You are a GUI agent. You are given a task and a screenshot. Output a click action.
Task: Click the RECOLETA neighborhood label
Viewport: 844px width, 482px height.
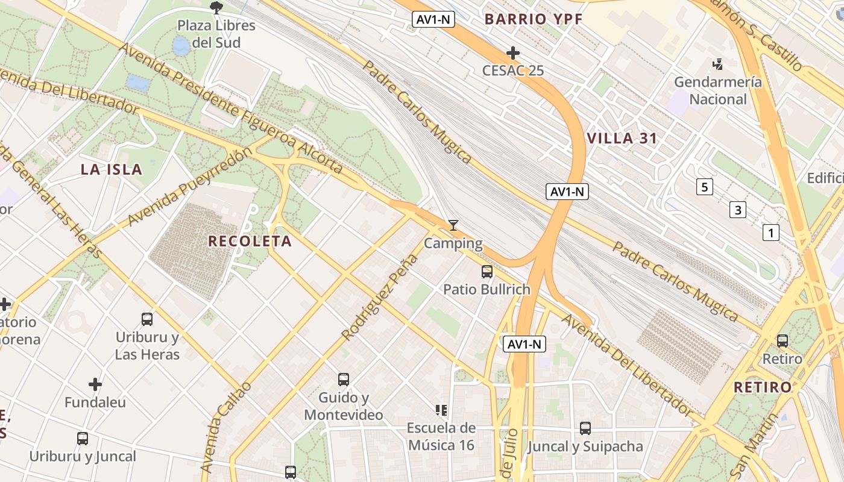click(x=250, y=242)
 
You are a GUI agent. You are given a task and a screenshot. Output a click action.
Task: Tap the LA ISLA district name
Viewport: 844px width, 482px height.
click(x=112, y=170)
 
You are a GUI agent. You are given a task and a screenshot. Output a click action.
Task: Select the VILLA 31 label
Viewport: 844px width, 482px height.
click(x=622, y=139)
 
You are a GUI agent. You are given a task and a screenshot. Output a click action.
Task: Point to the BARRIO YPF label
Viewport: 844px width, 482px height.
click(x=534, y=19)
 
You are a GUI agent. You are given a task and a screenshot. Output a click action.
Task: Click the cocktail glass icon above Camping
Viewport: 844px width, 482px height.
click(x=453, y=225)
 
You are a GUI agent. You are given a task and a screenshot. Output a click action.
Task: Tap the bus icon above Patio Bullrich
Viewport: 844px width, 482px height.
click(x=487, y=272)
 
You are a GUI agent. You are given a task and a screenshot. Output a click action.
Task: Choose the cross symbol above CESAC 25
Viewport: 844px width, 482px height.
click(x=513, y=53)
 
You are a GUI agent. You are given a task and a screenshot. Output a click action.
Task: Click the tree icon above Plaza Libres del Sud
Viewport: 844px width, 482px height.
click(x=216, y=8)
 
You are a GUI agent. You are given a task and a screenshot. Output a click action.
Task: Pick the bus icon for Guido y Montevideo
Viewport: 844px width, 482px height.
click(x=344, y=380)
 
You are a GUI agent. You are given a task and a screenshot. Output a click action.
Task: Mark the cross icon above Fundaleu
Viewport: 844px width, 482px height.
click(x=95, y=384)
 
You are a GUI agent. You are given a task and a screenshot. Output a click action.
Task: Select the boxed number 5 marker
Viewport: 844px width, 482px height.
click(x=704, y=187)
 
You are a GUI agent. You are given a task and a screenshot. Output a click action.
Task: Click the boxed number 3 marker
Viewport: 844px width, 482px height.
click(x=737, y=210)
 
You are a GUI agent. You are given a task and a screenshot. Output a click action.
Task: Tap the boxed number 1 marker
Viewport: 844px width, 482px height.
click(x=770, y=233)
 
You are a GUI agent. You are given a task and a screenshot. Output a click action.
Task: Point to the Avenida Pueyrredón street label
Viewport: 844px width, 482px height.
click(x=188, y=188)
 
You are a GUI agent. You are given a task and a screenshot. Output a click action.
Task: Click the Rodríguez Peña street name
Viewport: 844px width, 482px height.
click(x=380, y=297)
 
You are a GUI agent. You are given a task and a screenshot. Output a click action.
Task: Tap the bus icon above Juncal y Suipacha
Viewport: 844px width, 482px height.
click(x=585, y=428)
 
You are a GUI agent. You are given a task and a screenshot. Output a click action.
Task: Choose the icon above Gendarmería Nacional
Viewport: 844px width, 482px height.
click(x=717, y=64)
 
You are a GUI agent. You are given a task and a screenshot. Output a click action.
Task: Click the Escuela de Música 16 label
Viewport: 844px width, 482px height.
click(x=441, y=437)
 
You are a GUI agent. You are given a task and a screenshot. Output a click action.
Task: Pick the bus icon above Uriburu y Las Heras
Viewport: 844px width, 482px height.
click(x=147, y=319)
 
